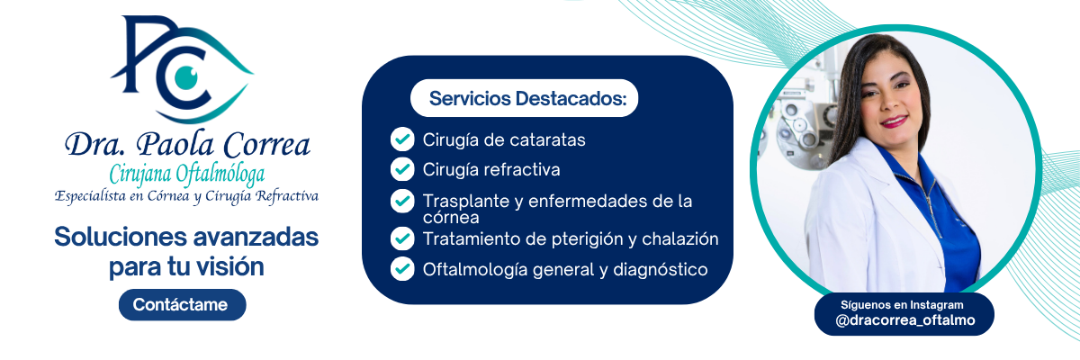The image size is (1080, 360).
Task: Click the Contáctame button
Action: (182, 304)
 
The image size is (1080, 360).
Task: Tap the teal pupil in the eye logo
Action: (186, 77)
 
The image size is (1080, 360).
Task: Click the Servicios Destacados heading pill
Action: (524, 98)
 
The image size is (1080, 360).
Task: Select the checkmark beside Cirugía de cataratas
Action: (402, 139)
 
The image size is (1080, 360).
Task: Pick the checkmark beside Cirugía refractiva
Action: (402, 169)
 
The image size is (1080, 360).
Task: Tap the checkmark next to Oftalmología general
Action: (402, 269)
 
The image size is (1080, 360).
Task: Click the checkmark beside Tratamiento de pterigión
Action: (402, 238)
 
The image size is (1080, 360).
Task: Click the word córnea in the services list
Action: (451, 218)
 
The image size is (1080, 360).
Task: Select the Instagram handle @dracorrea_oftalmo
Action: (905, 320)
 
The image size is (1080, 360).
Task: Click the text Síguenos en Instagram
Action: (902, 305)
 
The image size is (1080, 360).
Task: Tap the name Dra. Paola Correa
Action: (187, 145)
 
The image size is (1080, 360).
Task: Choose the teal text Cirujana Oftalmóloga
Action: (186, 175)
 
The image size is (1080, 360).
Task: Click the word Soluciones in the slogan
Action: (121, 237)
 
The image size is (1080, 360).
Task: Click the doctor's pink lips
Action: (894, 121)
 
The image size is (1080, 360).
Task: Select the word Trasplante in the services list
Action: (466, 202)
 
